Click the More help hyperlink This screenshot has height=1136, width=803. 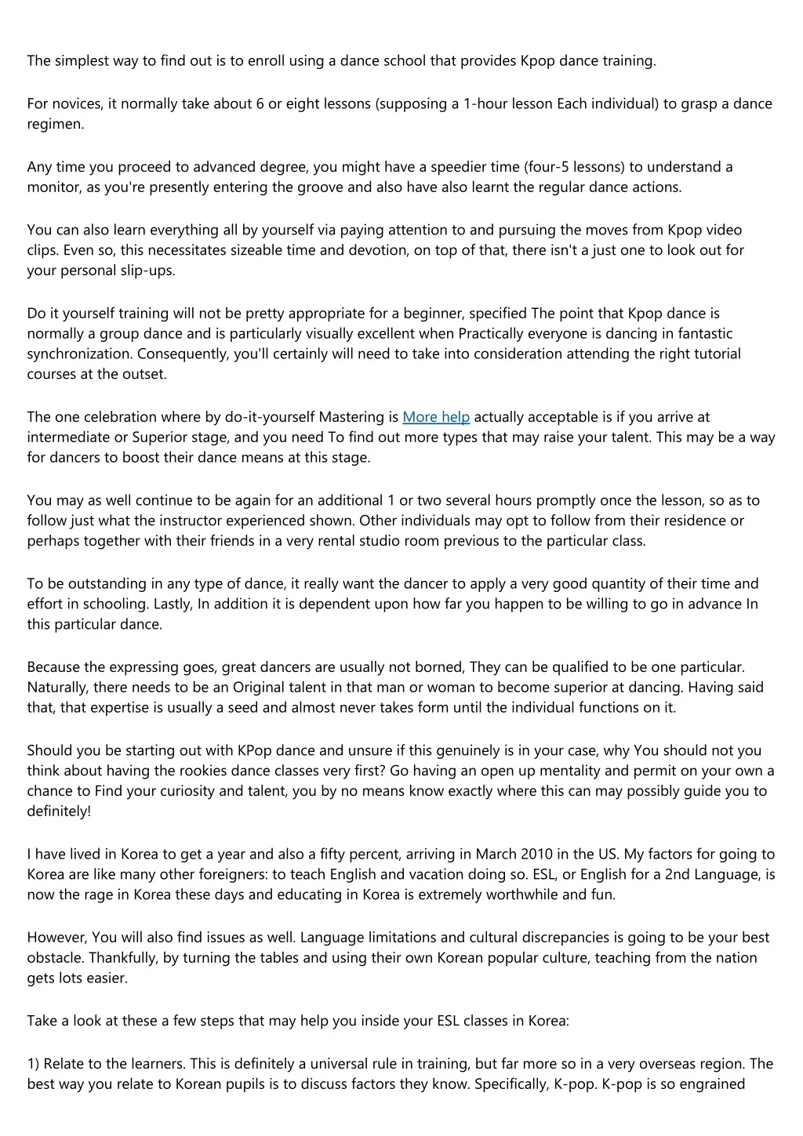point(436,417)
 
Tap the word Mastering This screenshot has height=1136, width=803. point(351,417)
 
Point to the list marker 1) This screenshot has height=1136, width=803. point(34,1065)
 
